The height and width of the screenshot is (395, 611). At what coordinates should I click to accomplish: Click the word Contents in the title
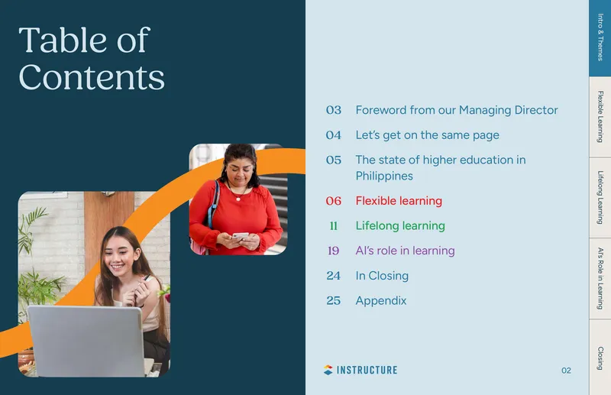pos(92,77)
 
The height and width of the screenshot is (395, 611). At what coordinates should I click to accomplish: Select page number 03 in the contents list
pos(334,110)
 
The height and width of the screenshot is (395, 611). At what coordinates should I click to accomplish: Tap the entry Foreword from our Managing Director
pos(457,110)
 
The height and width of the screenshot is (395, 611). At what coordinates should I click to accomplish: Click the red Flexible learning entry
pos(399,201)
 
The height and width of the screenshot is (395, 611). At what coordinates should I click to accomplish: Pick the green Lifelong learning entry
pos(400,226)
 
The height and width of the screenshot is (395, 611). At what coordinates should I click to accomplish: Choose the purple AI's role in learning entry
pos(405,251)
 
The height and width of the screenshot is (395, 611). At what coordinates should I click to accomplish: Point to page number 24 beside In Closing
pos(334,276)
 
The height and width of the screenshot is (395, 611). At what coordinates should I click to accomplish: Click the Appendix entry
pos(380,301)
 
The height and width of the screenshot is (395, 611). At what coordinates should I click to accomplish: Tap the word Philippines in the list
pos(384,176)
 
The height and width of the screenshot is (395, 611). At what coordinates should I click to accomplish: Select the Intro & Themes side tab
pos(600,38)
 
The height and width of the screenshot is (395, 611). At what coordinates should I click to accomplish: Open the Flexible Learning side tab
pos(600,117)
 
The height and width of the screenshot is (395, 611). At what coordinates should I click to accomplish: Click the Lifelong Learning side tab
pos(600,198)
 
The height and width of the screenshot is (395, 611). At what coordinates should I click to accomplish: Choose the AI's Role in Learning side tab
pos(600,278)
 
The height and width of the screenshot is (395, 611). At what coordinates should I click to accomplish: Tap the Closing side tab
pos(600,357)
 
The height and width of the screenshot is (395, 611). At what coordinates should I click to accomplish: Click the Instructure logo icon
pos(328,370)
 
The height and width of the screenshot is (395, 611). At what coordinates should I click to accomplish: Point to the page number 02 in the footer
pos(566,371)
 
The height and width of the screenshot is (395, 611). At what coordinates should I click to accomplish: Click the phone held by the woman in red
pos(240,236)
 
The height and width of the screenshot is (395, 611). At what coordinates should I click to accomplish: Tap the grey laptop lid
pos(86,341)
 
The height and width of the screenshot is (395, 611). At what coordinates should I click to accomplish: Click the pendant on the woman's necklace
pos(238,199)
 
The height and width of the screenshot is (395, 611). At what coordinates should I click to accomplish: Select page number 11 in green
pos(334,226)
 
